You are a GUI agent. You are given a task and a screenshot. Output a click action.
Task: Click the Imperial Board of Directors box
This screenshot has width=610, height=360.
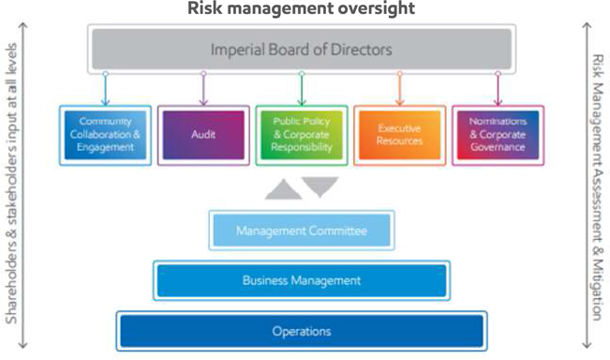[302, 49]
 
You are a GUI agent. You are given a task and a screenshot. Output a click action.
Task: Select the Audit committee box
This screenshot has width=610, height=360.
[203, 135]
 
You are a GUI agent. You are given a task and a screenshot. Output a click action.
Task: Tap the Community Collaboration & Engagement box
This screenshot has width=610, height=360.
[106, 135]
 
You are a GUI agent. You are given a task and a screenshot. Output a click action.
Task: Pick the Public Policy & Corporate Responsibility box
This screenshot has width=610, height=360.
[302, 135]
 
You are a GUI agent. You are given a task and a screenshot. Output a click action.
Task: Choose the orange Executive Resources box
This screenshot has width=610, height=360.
[399, 135]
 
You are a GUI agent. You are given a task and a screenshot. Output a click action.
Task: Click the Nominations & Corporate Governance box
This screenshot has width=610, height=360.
[498, 135]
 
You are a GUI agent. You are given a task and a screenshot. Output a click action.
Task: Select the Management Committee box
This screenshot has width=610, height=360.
[302, 231]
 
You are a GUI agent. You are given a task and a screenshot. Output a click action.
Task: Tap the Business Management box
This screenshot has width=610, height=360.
[302, 280]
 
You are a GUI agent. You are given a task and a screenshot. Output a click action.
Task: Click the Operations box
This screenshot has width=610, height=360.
[302, 331]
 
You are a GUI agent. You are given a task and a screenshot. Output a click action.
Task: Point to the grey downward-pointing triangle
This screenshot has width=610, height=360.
[320, 186]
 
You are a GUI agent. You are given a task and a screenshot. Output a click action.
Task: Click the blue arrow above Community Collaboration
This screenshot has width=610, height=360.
[105, 89]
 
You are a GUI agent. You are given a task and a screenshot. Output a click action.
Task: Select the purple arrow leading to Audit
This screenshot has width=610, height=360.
[203, 89]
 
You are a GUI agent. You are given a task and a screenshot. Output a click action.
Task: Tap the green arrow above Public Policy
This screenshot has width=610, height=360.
[302, 89]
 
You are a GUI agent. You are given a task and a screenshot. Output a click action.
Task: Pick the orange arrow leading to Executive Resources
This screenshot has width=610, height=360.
[399, 89]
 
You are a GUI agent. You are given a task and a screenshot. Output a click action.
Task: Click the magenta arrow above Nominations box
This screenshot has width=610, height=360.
[498, 89]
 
